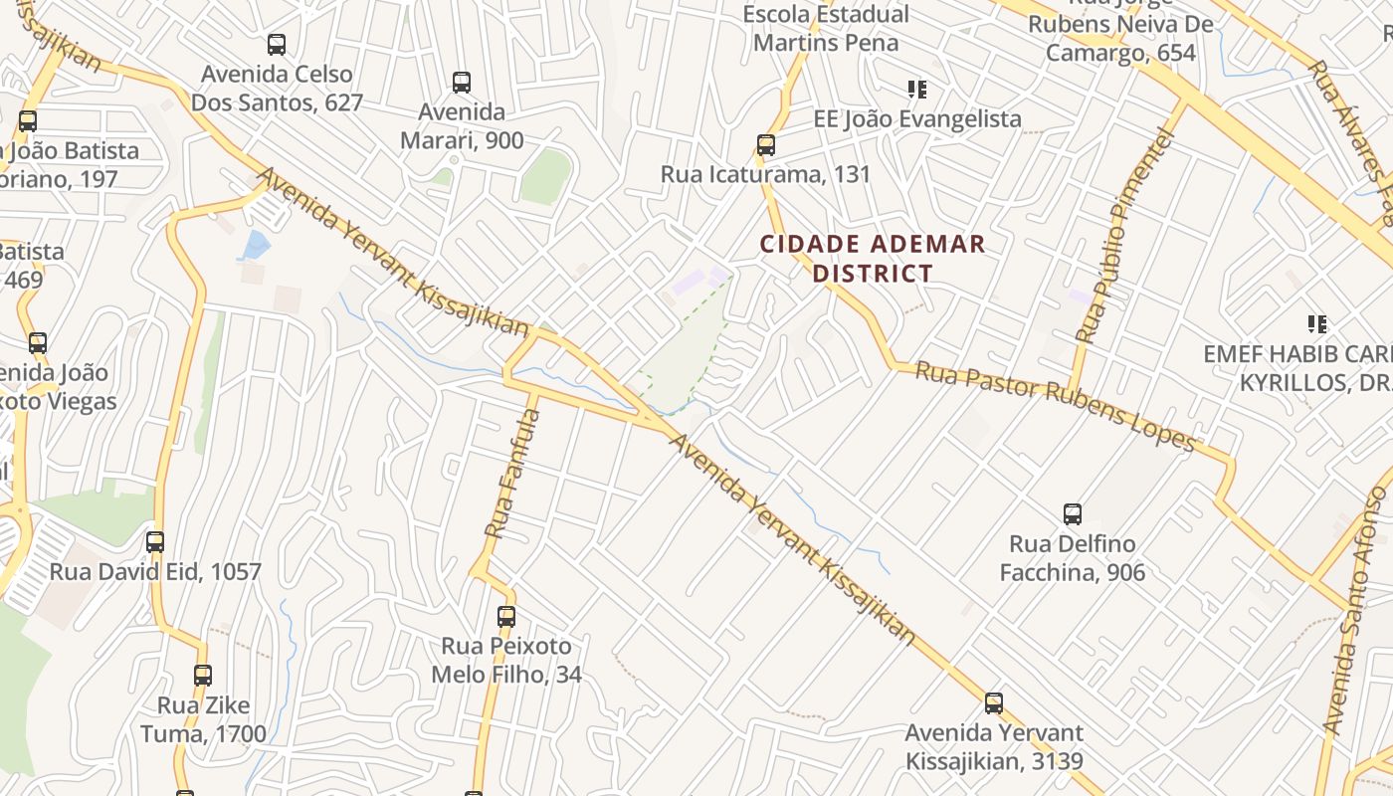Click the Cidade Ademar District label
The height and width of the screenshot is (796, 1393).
tap(873, 259)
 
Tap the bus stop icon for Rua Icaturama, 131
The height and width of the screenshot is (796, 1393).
tap(765, 145)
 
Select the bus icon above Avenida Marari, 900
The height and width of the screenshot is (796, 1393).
tap(461, 83)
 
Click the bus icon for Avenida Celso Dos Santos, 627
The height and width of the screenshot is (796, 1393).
tap(277, 45)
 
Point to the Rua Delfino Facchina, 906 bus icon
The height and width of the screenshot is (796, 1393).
tap(1072, 514)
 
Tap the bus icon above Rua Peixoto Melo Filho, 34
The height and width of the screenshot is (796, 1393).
tap(506, 617)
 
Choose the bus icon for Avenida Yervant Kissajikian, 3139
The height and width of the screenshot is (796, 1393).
tap(993, 703)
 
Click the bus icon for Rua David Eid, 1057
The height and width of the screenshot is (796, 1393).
tap(155, 542)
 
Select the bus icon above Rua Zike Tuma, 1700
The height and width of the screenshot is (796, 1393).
tap(203, 676)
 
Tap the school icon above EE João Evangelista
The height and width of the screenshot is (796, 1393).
tap(916, 90)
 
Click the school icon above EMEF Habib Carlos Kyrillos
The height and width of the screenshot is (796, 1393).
tap(1317, 323)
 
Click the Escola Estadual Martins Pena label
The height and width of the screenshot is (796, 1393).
tap(826, 29)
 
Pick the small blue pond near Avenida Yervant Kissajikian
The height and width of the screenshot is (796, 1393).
tap(256, 244)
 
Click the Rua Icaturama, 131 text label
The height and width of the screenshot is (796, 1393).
tap(765, 174)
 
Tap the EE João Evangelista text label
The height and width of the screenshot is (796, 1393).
tap(917, 119)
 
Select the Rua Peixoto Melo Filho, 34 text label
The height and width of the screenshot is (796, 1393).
tap(506, 661)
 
